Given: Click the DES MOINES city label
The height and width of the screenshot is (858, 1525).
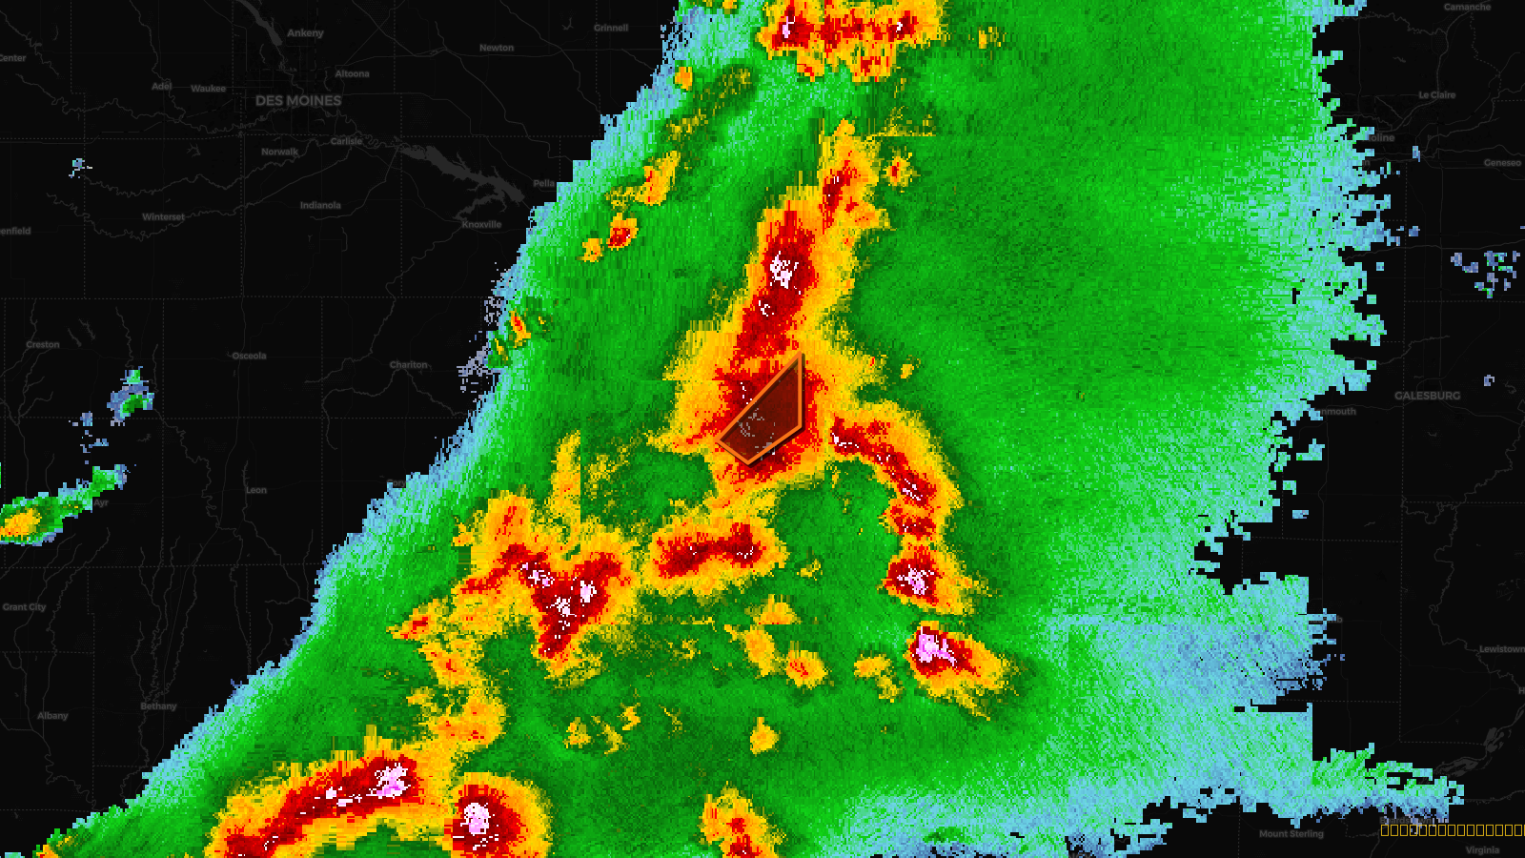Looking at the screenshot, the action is [298, 100].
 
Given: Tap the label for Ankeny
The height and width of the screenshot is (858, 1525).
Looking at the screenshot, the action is [305, 33].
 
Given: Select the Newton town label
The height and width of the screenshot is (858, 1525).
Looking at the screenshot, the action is [497, 48].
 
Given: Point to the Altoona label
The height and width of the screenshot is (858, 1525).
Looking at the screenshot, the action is [352, 74].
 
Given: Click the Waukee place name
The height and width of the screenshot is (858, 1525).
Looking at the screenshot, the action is [208, 89].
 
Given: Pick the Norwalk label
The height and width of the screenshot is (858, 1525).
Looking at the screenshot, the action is [279, 152].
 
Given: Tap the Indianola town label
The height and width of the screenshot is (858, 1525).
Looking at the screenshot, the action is [320, 205].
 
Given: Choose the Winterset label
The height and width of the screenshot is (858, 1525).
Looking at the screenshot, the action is [163, 217].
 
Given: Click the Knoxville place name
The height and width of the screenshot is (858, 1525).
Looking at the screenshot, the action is [481, 225].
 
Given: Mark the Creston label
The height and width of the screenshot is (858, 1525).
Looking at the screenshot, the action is [43, 345].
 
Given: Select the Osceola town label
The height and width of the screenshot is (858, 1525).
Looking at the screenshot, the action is [249, 356].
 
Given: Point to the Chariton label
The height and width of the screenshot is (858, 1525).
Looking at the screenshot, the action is [409, 365].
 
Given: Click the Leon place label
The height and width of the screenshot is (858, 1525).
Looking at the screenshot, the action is [256, 490].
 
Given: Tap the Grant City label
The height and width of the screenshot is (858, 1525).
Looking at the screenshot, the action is [24, 607].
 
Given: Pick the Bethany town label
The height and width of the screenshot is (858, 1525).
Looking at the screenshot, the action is [158, 706].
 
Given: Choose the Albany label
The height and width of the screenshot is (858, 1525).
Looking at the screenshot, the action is [52, 716].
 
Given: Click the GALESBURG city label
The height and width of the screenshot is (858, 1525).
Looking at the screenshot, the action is [1427, 396].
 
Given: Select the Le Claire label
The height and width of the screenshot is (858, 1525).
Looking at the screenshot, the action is [1436, 95].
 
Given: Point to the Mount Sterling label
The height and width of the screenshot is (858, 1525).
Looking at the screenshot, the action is [1291, 834].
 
